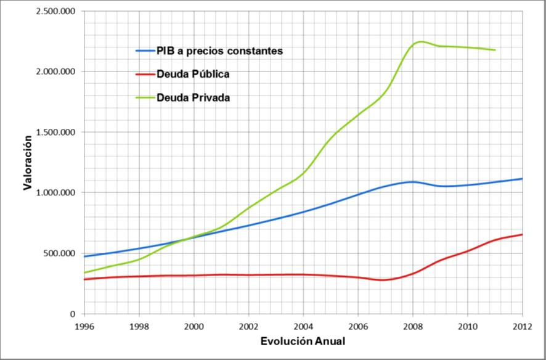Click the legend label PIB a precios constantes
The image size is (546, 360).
coord(219,51)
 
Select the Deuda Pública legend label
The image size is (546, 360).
coord(193,74)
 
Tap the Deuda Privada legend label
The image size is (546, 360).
coord(193,97)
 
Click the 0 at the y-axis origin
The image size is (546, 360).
coord(72,314)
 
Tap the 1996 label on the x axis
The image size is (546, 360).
coord(84,326)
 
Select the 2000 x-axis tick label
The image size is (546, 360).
coord(194,326)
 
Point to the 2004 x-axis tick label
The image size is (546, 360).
coord(303,326)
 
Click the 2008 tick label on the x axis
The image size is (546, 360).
coord(413,326)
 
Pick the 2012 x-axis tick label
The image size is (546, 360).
coord(522,326)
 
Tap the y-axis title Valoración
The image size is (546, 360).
coord(28,163)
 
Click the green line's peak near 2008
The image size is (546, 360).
coord(421,41)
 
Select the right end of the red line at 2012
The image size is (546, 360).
coord(522,234)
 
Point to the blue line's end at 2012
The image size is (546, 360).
coord(522,179)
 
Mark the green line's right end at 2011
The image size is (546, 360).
coord(495,50)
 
